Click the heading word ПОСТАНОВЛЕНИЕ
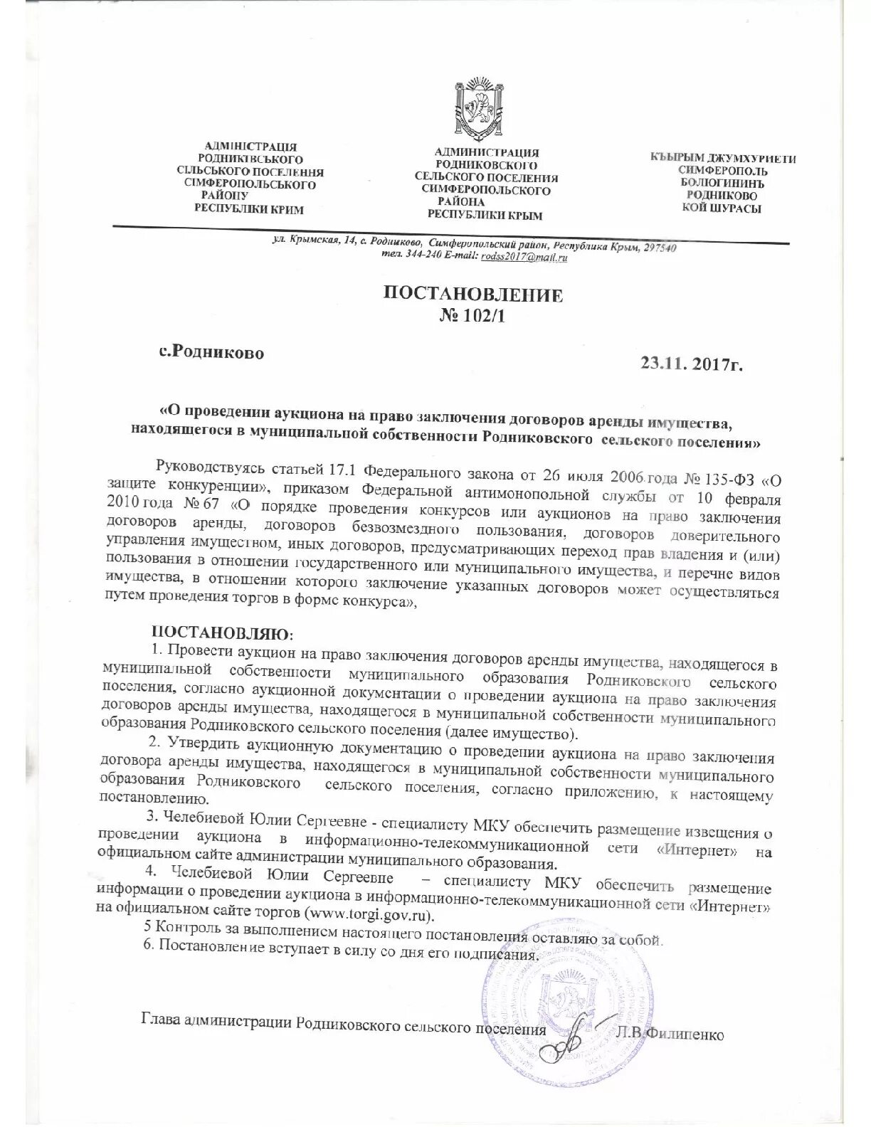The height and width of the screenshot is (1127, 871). tap(473, 295)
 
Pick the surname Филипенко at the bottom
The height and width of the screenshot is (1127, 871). tap(685, 1035)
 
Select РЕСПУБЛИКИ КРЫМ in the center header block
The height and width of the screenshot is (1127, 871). tap(485, 215)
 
